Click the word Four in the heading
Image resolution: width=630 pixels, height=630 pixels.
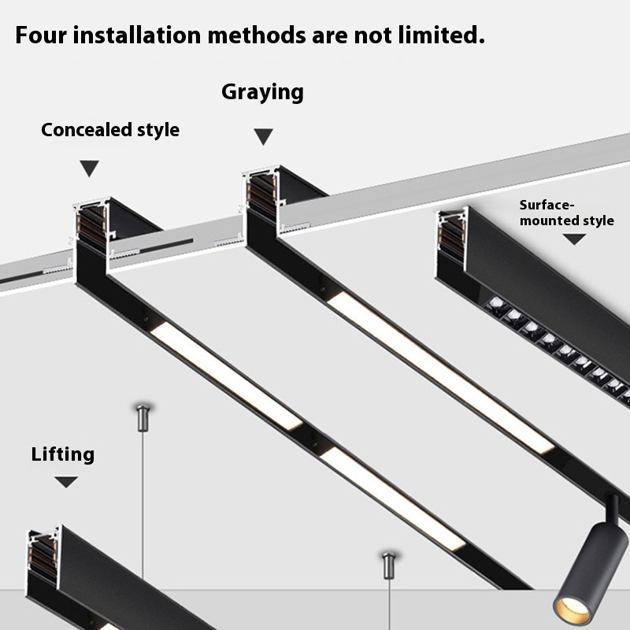tap(41, 35)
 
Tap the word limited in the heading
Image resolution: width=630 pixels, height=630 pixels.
tap(442, 35)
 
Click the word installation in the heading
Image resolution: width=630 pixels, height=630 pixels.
tap(137, 35)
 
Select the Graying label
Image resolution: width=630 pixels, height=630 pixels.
tap(263, 92)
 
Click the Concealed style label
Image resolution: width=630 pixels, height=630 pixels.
tap(110, 130)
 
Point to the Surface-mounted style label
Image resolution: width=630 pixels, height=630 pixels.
tap(566, 213)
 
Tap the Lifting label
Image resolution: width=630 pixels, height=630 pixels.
tap(63, 455)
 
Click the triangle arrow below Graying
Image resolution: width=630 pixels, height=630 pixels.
tap(264, 136)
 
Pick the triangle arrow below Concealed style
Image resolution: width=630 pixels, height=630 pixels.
tap(89, 168)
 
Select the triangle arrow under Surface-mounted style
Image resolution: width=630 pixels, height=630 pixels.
tap(574, 239)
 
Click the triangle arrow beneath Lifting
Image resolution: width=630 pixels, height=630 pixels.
tap(66, 482)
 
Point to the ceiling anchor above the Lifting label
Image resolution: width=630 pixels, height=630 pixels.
tap(143, 417)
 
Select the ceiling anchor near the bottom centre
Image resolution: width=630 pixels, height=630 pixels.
tap(388, 565)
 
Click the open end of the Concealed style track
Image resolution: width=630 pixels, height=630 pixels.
tap(93, 225)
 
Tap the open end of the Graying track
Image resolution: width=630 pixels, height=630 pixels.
tap(262, 193)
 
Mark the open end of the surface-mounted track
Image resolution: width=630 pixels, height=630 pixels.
tap(453, 237)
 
